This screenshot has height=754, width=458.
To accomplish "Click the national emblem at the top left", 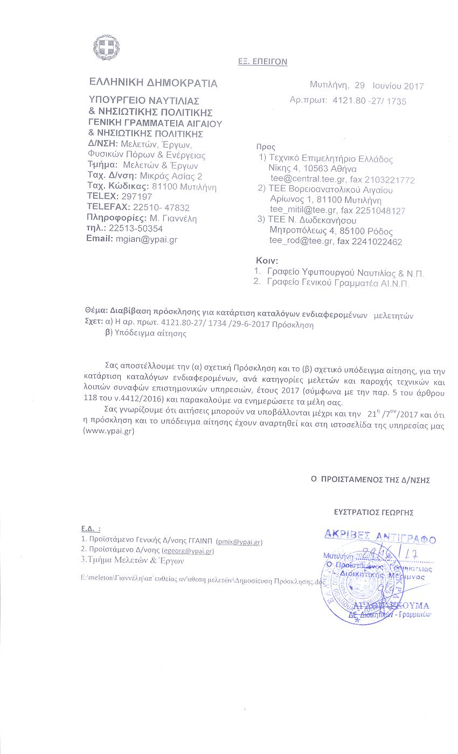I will [x=106, y=47].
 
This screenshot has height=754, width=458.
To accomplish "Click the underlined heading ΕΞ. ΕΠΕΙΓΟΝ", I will [x=262, y=62].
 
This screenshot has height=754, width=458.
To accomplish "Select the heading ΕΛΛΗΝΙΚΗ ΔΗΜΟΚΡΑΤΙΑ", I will [x=154, y=83].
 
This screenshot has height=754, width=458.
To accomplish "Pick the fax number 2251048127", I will [x=378, y=211].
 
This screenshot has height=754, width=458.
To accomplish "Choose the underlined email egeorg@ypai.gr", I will [x=188, y=551].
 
